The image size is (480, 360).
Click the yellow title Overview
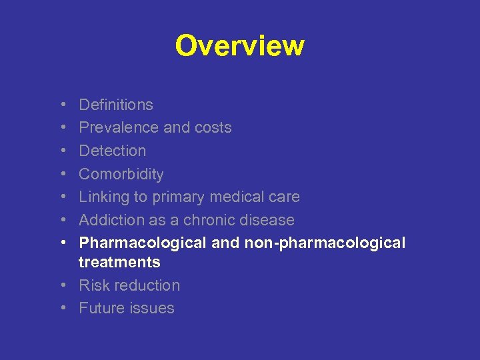click(x=239, y=46)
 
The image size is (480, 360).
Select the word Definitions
click(x=116, y=105)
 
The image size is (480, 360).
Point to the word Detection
click(x=112, y=151)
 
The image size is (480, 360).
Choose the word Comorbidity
click(x=121, y=174)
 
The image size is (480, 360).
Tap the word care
click(x=284, y=197)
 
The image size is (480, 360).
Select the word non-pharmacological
click(x=325, y=243)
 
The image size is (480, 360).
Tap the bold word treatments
click(x=119, y=263)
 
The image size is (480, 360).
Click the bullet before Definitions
click(x=61, y=105)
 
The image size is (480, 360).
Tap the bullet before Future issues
click(x=61, y=308)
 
